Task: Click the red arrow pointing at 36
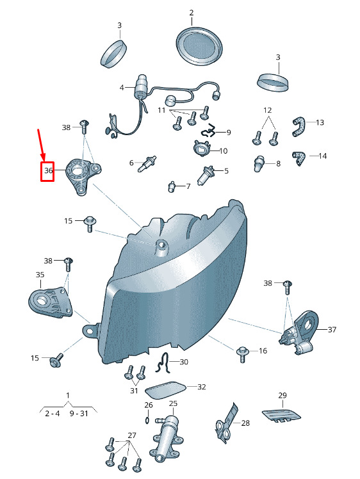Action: click(x=41, y=145)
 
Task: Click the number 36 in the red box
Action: click(x=48, y=170)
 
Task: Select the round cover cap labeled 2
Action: click(x=199, y=46)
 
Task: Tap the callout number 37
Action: click(x=332, y=330)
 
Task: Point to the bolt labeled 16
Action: click(x=241, y=354)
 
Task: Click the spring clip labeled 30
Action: click(x=163, y=363)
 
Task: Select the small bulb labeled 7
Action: click(x=172, y=186)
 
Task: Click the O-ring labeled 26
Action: click(x=147, y=420)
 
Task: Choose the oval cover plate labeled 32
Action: click(x=165, y=390)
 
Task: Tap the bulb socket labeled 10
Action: click(x=201, y=148)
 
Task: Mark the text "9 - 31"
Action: click(x=79, y=414)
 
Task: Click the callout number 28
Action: click(x=245, y=423)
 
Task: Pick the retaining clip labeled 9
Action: click(x=209, y=131)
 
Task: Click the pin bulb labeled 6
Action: click(x=147, y=163)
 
